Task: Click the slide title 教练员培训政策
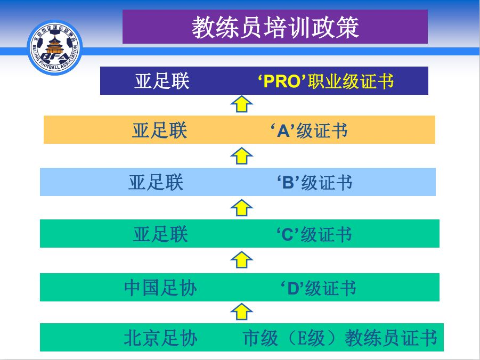(275, 28)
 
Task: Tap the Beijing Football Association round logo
(55, 47)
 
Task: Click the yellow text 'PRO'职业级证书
(326, 81)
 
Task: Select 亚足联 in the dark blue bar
(162, 81)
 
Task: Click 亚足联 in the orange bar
(159, 130)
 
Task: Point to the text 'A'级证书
(309, 130)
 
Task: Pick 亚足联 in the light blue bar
(156, 183)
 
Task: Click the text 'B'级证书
(315, 183)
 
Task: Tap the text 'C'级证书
(314, 235)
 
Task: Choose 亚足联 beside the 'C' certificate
(160, 234)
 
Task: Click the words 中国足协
(160, 288)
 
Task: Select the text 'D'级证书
(319, 288)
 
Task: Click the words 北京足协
(160, 338)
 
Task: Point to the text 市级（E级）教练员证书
(340, 338)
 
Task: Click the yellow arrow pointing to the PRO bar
(241, 104)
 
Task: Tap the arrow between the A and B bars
(241, 156)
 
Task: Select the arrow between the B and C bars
(241, 208)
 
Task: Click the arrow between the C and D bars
(241, 260)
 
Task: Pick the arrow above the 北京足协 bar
(241, 312)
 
